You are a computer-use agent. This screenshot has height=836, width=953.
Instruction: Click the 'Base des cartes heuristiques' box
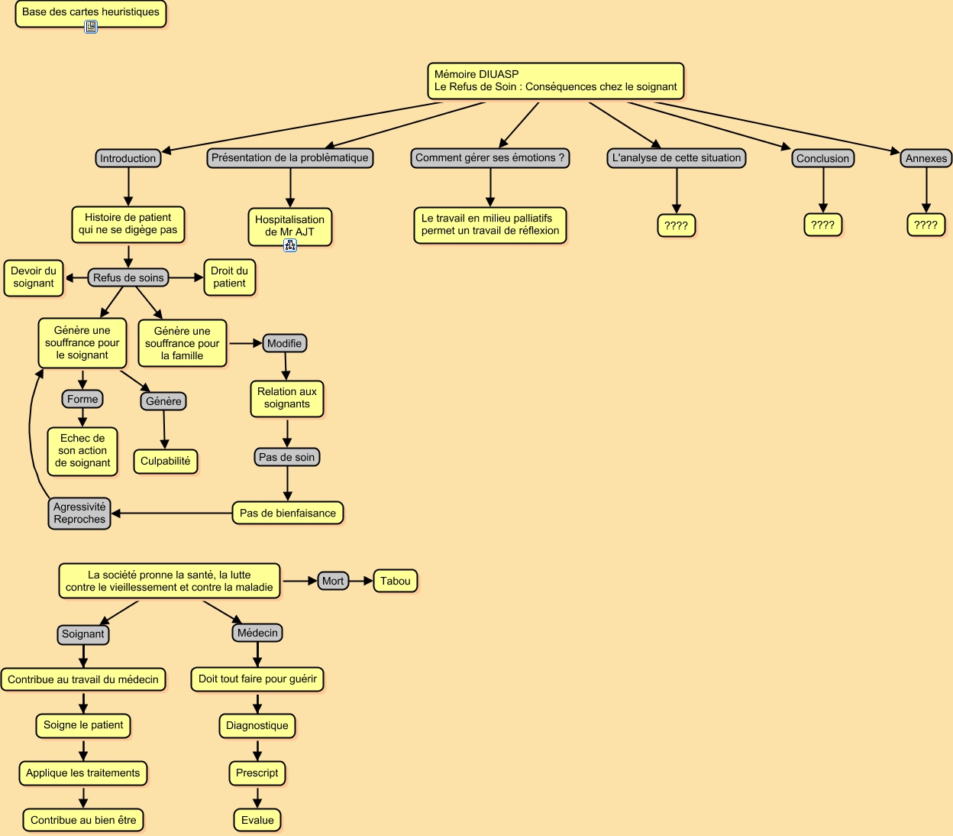point(90,12)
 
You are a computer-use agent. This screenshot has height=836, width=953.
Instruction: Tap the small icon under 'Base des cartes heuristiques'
point(91,27)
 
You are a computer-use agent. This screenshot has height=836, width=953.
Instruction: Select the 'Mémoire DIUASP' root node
point(555,81)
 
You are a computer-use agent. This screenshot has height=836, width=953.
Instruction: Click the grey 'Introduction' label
point(128,158)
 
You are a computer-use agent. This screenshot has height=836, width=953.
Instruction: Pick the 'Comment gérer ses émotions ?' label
point(489,158)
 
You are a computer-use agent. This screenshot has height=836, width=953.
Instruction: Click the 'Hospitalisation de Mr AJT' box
point(289,225)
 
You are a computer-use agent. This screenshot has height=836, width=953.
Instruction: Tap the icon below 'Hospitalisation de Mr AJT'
point(290,245)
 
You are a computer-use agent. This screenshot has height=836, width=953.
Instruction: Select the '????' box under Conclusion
point(822,225)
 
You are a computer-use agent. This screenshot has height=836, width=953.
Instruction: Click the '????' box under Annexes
point(926,225)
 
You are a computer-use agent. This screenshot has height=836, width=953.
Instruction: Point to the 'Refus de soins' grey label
point(128,277)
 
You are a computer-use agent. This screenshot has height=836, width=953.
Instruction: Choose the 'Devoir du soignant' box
point(34,277)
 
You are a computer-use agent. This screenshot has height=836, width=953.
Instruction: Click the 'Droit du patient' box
point(229,277)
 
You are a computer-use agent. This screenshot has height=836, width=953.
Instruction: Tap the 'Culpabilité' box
point(165,462)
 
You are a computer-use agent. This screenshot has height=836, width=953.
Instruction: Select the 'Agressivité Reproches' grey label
point(79,513)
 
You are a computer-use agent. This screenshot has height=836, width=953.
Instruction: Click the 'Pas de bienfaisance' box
point(287,513)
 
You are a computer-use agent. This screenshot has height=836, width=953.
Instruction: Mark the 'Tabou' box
point(395,581)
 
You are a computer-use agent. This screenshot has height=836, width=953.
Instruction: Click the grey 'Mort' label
point(333,581)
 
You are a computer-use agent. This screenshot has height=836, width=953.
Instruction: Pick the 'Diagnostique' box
point(257,725)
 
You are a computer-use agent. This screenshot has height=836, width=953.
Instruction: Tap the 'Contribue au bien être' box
point(83,820)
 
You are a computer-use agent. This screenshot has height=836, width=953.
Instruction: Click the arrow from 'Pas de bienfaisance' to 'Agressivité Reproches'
point(172,513)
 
